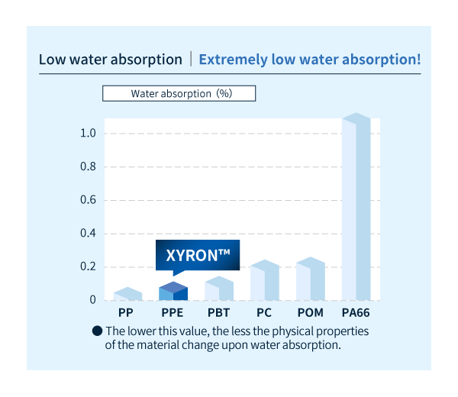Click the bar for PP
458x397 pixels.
coord(127,295)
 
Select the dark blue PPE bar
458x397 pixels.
coord(173,292)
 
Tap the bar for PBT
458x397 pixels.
coord(218,289)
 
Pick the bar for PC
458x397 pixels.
coord(264,281)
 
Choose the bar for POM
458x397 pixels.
coord(310,280)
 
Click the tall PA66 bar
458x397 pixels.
coord(356,208)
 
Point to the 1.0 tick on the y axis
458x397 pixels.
coord(88,134)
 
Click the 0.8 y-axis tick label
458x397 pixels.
coord(88,166)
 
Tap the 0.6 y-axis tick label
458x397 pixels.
coord(88,200)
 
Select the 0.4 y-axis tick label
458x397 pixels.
coord(88,234)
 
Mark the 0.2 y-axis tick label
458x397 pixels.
coord(88,266)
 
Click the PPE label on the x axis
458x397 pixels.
coord(173,313)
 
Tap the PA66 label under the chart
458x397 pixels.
coord(356,313)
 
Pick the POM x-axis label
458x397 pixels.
coord(310,313)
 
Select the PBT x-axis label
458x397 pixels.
coord(218,313)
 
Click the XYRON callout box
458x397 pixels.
coord(198,255)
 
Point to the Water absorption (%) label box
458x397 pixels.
coord(179,94)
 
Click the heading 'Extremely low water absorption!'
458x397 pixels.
coord(309,59)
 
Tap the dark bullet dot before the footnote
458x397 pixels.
coord(97,331)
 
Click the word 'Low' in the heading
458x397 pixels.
coord(53,59)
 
